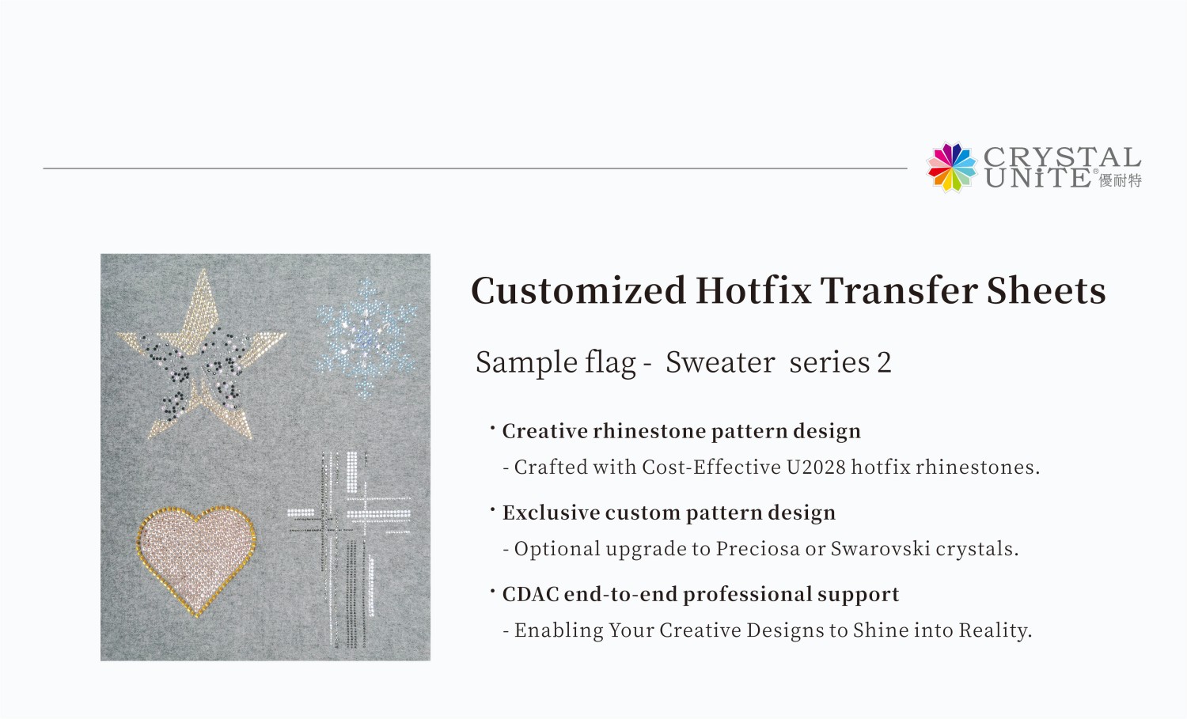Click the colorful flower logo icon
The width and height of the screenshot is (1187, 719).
point(952,167)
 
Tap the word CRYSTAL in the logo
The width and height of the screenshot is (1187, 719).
point(1063,157)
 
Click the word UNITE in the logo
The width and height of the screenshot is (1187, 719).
point(1037,178)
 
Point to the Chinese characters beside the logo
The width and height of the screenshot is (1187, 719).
point(1121,180)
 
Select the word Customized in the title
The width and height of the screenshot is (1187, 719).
point(578,290)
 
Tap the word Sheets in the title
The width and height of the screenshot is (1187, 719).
point(1046,290)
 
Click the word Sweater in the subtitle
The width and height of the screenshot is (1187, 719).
point(720,362)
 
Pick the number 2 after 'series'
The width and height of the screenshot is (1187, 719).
point(884,363)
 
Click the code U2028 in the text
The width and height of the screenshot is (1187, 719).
point(816,467)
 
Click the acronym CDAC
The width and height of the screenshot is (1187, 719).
point(530,594)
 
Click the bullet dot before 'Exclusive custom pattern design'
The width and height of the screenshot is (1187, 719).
point(492,509)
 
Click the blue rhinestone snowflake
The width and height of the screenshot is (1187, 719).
point(365,338)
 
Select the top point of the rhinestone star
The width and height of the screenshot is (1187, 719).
point(203,271)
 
